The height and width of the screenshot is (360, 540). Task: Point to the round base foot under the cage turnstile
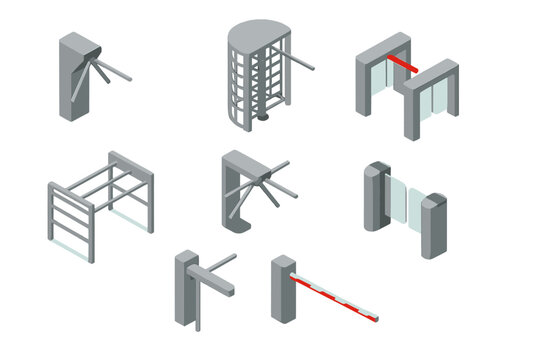coord(263,118)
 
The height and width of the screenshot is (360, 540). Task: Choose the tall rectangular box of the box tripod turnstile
coord(72,80)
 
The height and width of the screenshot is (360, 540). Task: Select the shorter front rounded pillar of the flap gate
coord(433,225)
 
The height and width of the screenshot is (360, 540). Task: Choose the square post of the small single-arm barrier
coord(183,290)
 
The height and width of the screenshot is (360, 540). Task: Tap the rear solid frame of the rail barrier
coord(135,190)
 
